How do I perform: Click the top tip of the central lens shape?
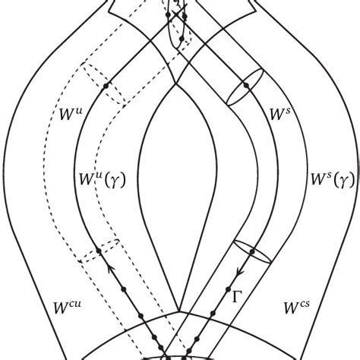click(176, 81)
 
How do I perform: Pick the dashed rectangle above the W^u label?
click(103, 82)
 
